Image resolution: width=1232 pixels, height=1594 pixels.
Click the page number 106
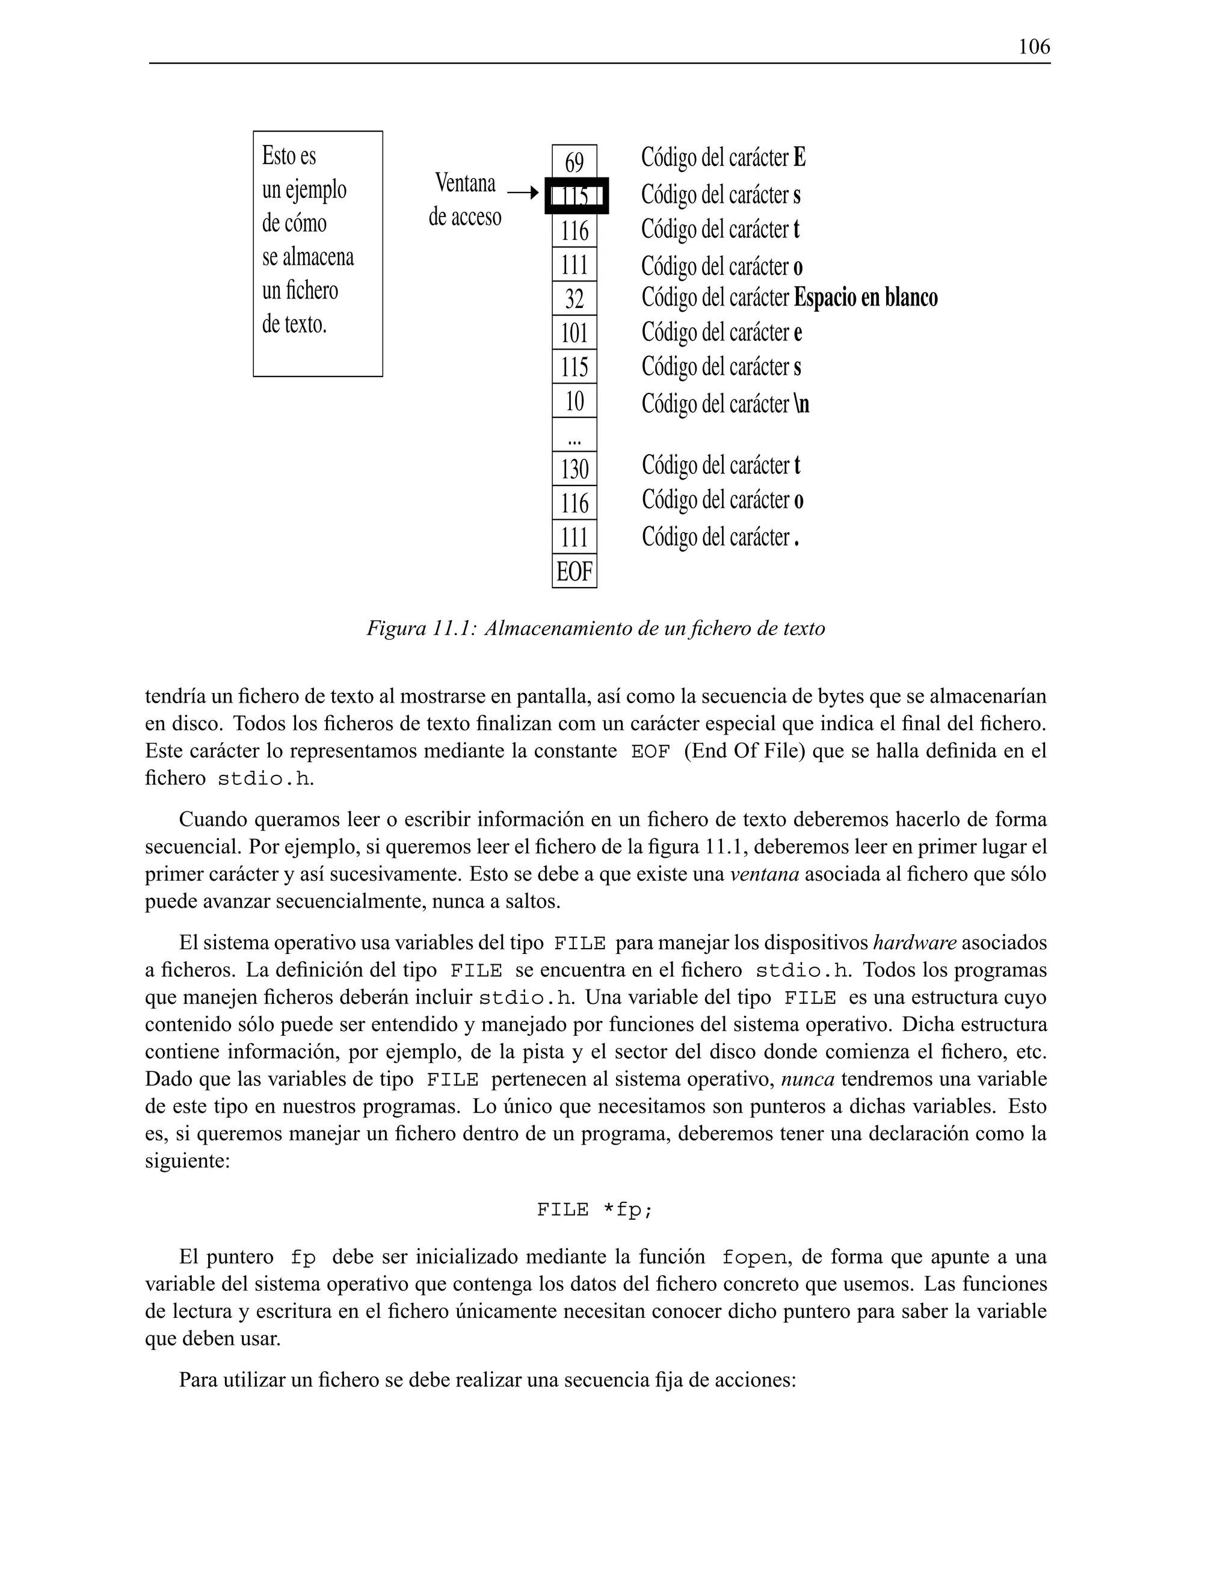[1033, 48]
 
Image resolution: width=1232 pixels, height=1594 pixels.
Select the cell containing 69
[574, 162]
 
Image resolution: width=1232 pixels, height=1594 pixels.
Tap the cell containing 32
[574, 298]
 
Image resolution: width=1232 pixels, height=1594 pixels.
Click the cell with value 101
[574, 333]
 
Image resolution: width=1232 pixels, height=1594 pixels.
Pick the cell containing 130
[574, 469]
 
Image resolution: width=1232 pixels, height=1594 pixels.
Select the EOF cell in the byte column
[574, 571]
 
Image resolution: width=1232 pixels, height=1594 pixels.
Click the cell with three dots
[574, 435]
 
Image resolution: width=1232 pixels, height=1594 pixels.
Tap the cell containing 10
[574, 401]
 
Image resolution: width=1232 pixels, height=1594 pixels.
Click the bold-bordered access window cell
[576, 196]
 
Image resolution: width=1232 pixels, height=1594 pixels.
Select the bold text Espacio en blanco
[866, 298]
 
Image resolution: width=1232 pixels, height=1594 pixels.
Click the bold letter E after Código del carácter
[799, 157]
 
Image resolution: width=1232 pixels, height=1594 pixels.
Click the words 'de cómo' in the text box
[294, 223]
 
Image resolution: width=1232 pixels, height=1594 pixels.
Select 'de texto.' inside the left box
[294, 324]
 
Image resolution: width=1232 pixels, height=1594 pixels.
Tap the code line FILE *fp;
[595, 1210]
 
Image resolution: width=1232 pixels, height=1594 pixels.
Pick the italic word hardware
[914, 943]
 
